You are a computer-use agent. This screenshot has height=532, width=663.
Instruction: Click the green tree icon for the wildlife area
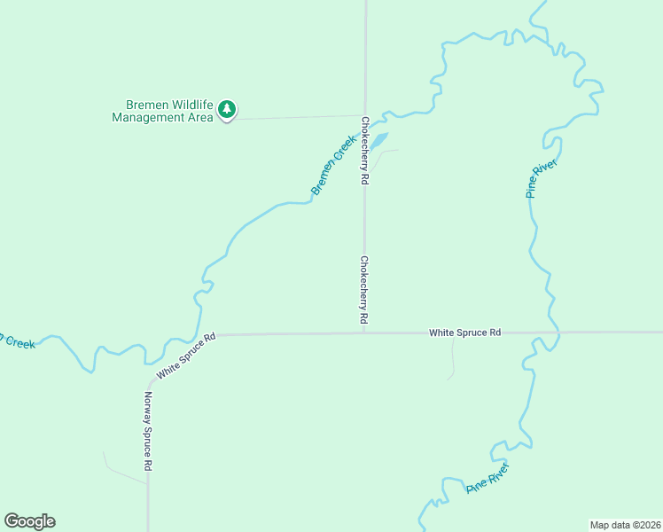click(x=228, y=109)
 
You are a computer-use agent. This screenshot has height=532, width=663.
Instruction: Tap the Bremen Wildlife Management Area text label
click(x=162, y=110)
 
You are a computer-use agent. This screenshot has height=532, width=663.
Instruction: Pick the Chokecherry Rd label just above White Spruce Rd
click(x=363, y=290)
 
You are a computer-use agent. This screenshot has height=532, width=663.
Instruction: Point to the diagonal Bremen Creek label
click(x=333, y=165)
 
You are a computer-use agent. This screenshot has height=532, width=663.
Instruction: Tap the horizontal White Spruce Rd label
click(x=465, y=332)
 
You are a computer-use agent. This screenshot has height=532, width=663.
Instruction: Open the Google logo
click(x=29, y=521)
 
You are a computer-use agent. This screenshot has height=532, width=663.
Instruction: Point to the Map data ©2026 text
click(x=625, y=524)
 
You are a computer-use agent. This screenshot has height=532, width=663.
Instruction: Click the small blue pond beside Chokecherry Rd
click(x=378, y=141)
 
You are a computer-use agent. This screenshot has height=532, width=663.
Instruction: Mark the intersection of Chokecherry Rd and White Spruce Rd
click(x=365, y=333)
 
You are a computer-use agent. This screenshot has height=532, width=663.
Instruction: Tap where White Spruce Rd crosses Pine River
click(x=558, y=332)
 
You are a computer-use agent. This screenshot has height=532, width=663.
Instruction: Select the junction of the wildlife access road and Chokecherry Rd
click(x=365, y=115)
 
